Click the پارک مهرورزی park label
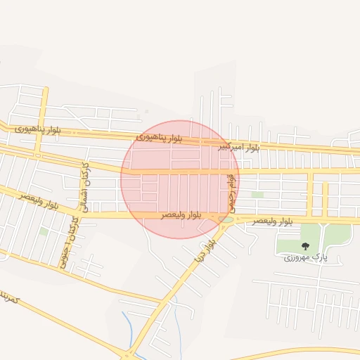[306, 258]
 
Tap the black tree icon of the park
[305, 246]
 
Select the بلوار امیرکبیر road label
[238, 148]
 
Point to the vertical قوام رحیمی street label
[230, 191]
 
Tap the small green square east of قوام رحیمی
[257, 195]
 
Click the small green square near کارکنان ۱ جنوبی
[44, 231]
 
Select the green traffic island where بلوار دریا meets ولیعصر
[226, 219]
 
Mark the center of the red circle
[180, 179]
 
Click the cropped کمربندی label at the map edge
[10, 298]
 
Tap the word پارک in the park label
[319, 258]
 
